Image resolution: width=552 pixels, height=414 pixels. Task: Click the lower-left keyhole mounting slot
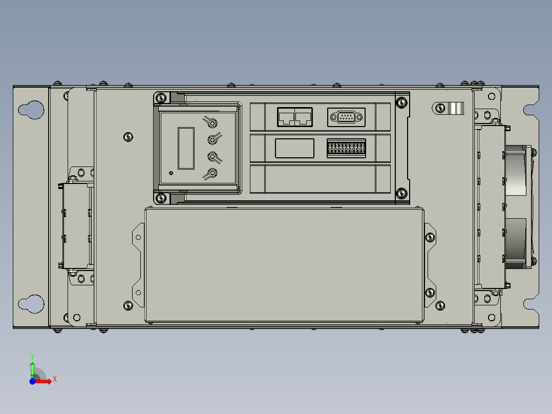click(30, 303)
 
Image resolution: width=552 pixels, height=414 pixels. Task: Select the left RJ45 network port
click(286, 117)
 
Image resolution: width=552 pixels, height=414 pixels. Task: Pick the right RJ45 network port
click(304, 117)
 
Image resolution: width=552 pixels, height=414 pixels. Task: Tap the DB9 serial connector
click(346, 117)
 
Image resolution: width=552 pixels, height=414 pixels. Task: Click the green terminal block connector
click(346, 148)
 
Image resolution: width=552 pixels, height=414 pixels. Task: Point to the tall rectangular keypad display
click(186, 148)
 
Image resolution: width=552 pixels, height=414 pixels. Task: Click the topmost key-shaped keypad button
click(210, 122)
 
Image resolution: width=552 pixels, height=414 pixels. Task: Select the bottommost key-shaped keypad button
click(210, 174)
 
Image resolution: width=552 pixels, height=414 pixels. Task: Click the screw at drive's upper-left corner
click(162, 97)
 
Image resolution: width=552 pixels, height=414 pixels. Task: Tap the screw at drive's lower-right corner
click(401, 193)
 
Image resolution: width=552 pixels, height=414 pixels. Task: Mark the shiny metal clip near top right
click(456, 108)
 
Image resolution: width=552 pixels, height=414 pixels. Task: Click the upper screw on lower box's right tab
click(430, 237)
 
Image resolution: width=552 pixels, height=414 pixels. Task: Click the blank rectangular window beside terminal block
click(294, 148)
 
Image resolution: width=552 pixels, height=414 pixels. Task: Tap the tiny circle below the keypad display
click(171, 173)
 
